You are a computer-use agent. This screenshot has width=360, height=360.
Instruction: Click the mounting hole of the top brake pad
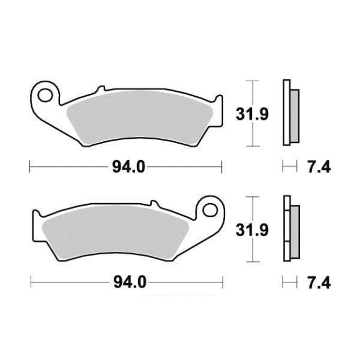point(45,95)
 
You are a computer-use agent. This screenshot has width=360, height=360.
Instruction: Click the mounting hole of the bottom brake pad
point(210,210)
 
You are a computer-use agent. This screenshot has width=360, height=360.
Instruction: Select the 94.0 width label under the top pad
point(129,167)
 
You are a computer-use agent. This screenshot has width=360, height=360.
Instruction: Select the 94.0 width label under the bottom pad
point(130,282)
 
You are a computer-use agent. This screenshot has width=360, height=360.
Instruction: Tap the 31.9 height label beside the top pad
point(252,114)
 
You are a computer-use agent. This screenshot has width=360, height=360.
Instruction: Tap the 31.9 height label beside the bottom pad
point(252,230)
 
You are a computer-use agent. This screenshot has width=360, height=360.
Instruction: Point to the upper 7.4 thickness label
point(319,167)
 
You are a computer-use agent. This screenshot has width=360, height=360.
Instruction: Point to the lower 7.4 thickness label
point(319,283)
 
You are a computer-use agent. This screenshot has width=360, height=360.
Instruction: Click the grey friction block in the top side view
point(294,116)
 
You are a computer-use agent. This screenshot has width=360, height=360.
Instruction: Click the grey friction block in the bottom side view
point(295,232)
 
